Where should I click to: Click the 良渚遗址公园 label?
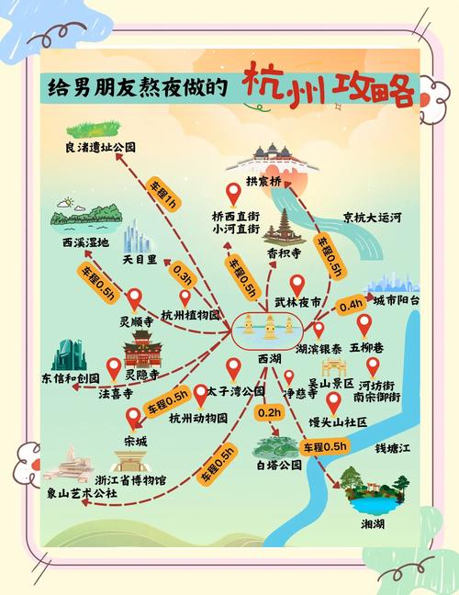100,148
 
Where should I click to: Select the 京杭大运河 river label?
372,218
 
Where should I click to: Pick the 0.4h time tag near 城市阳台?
351,304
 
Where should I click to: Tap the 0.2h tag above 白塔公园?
269,413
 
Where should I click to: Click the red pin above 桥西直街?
234,194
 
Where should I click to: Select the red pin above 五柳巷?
364,325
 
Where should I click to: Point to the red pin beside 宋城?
134,418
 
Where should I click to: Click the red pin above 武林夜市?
297,285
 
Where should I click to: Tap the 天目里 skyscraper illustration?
138,237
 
